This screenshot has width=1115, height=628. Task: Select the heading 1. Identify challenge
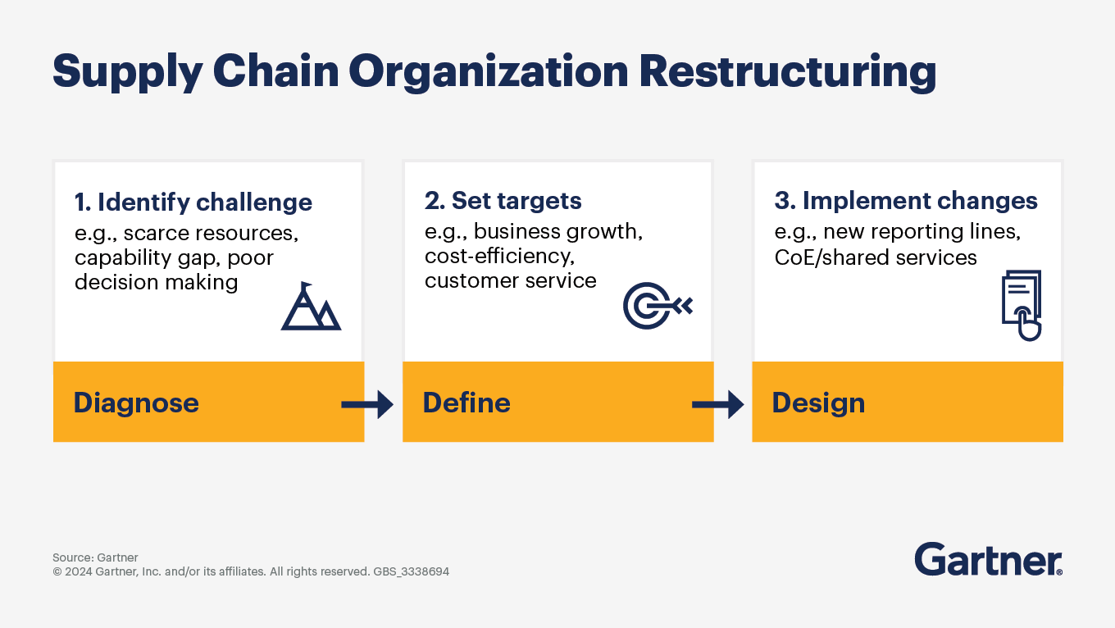[x=193, y=203]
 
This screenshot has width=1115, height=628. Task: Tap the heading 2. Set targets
[x=503, y=201]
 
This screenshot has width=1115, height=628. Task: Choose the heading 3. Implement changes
[x=906, y=201]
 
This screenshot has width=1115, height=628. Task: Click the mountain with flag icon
[x=311, y=307]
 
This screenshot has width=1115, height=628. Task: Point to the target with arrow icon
[x=658, y=306]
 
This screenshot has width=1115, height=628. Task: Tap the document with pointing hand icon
[x=1022, y=305]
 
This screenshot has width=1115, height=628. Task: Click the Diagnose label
[x=136, y=403]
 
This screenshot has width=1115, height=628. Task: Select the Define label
[x=466, y=403]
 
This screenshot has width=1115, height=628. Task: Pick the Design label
[x=818, y=403]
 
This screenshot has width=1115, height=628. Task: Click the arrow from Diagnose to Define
[x=367, y=403]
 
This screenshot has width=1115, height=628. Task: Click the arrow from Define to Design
[x=717, y=403]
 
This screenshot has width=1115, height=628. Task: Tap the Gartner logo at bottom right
[x=988, y=559]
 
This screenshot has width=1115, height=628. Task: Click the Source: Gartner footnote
[x=95, y=557]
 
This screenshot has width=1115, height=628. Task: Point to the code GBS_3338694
[x=411, y=571]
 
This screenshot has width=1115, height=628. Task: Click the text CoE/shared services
[x=876, y=257]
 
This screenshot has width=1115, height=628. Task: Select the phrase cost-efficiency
[x=498, y=257]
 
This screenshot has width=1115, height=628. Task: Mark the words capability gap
[x=143, y=257]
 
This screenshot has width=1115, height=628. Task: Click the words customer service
[x=510, y=281]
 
